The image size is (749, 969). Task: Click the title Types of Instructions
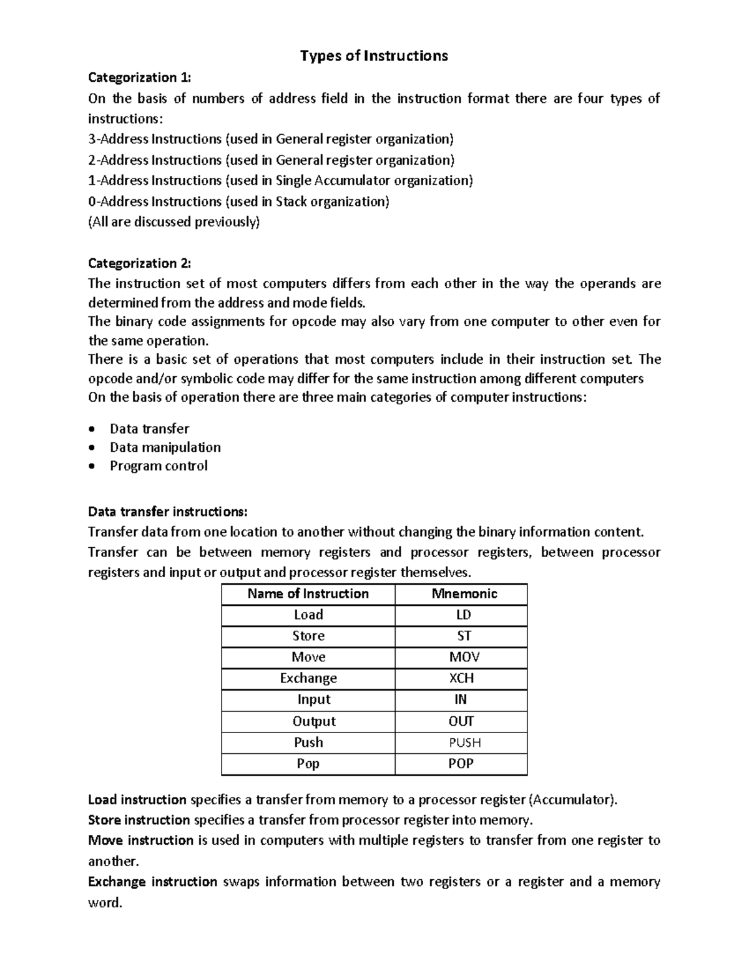[374, 56]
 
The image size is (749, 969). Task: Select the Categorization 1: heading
[140, 77]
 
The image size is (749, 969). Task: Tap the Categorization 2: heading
[140, 263]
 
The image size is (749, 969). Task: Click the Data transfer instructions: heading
[168, 512]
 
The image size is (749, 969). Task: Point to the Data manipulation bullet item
[165, 447]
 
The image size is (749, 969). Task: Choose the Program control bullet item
[159, 465]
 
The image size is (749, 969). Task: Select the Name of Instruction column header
[308, 593]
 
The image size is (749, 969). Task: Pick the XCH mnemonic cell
[461, 678]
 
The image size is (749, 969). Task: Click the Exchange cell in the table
[308, 678]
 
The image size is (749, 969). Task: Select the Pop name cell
[308, 764]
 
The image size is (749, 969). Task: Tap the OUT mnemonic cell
[461, 721]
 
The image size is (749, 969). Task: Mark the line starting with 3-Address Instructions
[271, 139]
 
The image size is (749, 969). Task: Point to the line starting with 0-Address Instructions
[238, 202]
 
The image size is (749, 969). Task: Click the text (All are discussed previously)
[174, 222]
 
